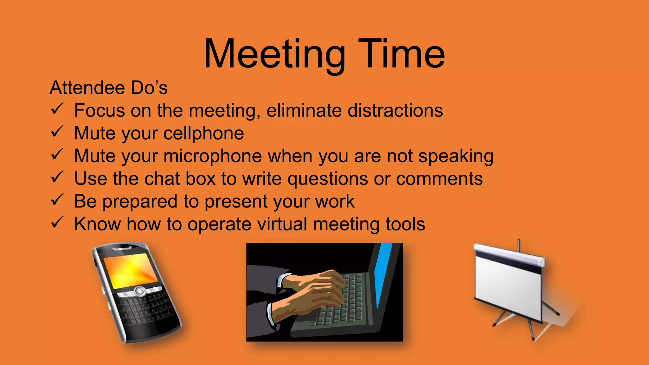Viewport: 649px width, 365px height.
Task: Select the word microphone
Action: point(213,156)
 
